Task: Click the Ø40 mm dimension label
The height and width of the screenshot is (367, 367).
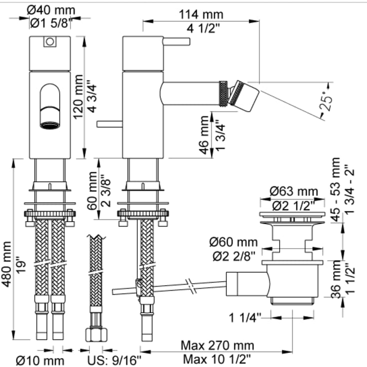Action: coord(51,10)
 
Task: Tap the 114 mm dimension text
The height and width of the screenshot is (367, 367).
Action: coord(201,14)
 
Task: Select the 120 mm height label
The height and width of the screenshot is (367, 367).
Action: coord(78,97)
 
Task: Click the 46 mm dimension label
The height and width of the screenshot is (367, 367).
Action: coord(204,135)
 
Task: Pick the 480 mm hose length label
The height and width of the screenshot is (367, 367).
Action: coord(6,264)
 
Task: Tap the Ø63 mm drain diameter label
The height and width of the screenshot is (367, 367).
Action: coord(294,191)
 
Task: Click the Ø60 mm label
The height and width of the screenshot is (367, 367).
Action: coord(233,242)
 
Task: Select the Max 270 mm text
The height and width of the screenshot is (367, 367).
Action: coord(217,346)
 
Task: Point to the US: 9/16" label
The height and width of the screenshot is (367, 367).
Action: coord(114,361)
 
